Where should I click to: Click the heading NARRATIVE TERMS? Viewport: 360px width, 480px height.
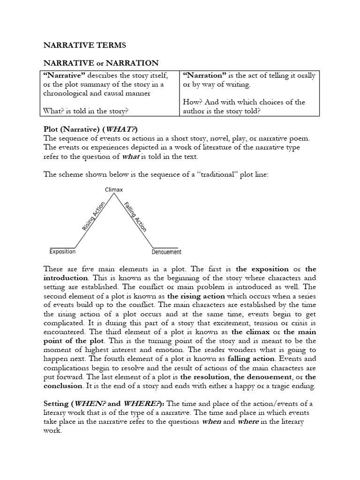tap(84, 45)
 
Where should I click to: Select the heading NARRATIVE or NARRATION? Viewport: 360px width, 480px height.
tap(101, 63)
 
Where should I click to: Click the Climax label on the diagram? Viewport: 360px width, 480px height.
tap(113, 189)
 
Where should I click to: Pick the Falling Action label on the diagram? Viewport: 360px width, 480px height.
tap(135, 217)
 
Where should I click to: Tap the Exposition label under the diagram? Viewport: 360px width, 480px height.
tap(62, 252)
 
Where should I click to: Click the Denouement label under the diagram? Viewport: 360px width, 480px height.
tap(166, 252)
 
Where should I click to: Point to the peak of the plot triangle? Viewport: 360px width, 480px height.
tap(113, 195)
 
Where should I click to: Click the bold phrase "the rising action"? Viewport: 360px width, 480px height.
tap(196, 296)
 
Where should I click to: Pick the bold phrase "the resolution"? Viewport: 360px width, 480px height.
tap(205, 377)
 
